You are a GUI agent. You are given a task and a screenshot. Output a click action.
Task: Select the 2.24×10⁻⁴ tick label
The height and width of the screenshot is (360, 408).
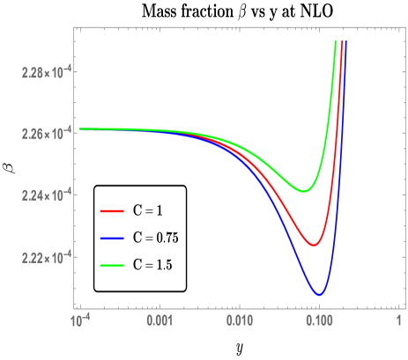[x=47, y=195]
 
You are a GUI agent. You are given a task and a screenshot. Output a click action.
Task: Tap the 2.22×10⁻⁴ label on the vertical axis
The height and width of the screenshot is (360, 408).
[x=47, y=258]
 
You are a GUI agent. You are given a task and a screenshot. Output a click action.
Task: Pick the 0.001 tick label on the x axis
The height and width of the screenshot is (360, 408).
[x=159, y=322]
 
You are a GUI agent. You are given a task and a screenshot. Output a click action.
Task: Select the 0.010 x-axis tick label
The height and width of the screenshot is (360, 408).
[x=239, y=322]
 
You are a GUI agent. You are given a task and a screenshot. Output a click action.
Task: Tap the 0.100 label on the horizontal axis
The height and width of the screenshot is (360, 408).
[x=319, y=322]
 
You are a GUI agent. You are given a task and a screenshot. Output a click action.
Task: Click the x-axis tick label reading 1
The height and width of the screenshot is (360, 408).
[x=399, y=322]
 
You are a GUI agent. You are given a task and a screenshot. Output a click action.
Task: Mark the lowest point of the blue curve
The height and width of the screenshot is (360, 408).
[x=320, y=294]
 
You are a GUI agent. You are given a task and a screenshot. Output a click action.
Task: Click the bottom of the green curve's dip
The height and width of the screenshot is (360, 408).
[x=304, y=191]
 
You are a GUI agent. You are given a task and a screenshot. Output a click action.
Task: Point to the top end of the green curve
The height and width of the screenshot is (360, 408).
[x=336, y=41]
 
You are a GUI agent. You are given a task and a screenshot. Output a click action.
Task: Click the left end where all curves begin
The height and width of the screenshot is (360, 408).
[x=80, y=129]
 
